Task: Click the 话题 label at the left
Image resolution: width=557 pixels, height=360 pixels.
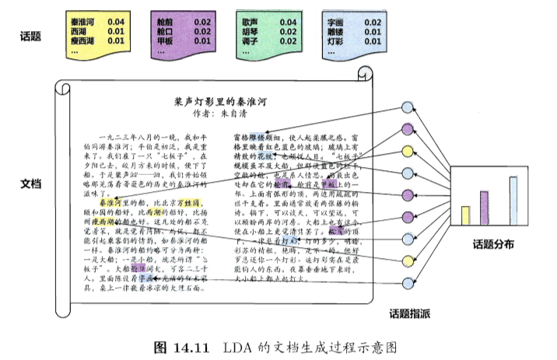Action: pos(30,35)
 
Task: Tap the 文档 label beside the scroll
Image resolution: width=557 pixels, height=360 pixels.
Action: pos(30,183)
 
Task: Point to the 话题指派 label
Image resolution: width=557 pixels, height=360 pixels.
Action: pos(412,313)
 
